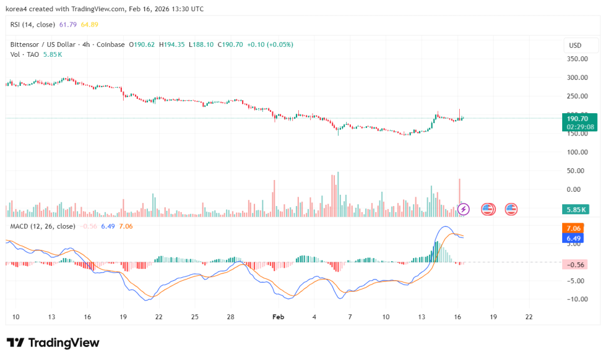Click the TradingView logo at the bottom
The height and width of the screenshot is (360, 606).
(x=53, y=343)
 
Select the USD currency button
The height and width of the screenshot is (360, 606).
(x=575, y=46)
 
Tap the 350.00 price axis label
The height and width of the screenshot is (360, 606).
(x=577, y=59)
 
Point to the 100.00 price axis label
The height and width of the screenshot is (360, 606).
(x=577, y=152)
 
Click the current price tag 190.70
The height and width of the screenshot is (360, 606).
(x=577, y=118)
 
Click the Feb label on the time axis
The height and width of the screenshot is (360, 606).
(x=278, y=317)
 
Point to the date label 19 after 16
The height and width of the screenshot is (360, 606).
(x=493, y=317)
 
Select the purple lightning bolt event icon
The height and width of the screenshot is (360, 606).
(x=464, y=209)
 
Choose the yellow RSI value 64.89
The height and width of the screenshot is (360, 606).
(x=91, y=24)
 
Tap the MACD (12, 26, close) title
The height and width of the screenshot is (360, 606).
(x=43, y=226)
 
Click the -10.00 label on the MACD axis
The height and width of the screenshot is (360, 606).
(x=576, y=299)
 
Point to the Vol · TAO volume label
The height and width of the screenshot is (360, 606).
(x=25, y=54)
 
